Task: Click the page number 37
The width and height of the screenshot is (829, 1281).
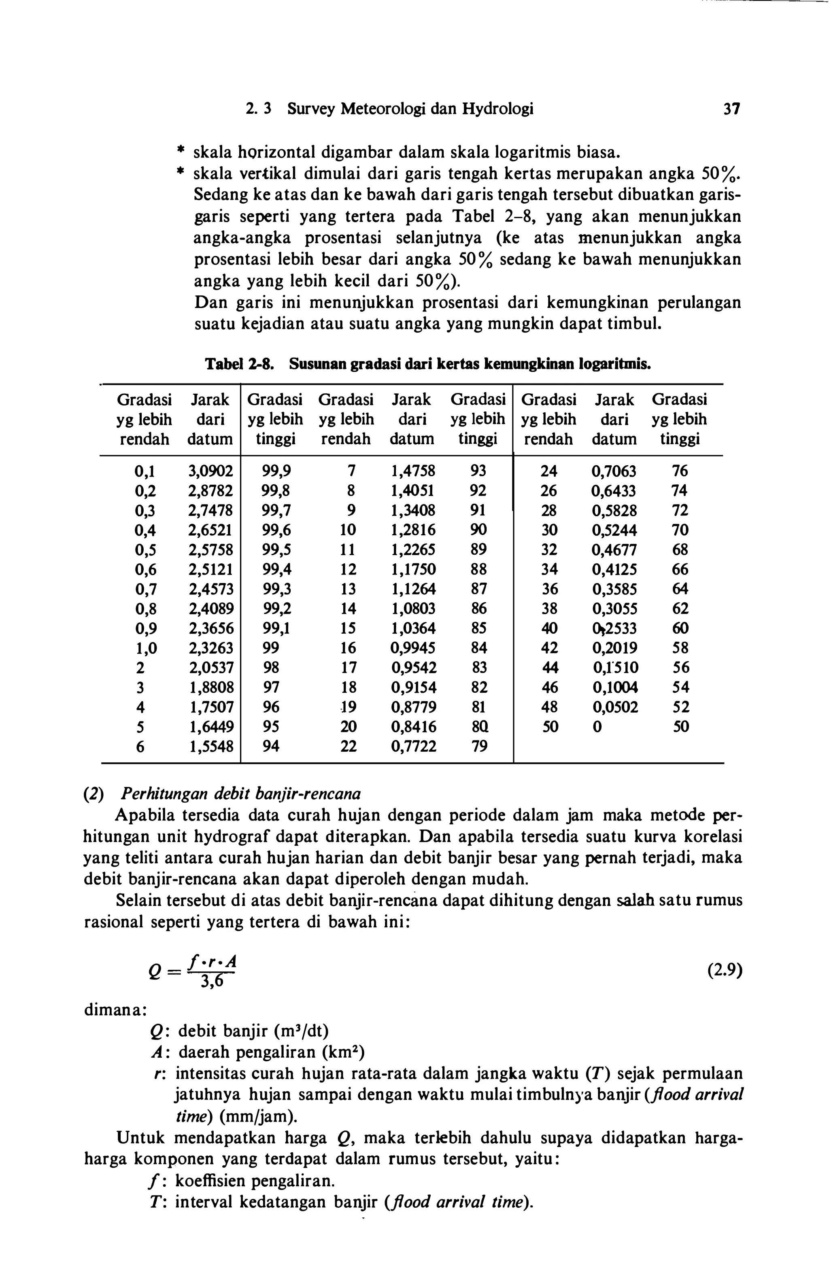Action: coord(732,110)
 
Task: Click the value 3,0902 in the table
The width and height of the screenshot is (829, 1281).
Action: coord(210,471)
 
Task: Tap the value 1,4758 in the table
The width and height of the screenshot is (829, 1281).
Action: coord(413,471)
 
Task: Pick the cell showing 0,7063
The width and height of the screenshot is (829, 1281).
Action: coord(614,471)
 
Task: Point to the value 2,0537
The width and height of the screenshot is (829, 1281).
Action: coord(210,668)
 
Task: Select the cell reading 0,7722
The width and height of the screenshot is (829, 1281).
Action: coord(413,746)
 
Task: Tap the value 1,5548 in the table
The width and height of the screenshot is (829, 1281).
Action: coord(210,746)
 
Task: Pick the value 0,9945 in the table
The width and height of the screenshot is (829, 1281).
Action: coord(413,648)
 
